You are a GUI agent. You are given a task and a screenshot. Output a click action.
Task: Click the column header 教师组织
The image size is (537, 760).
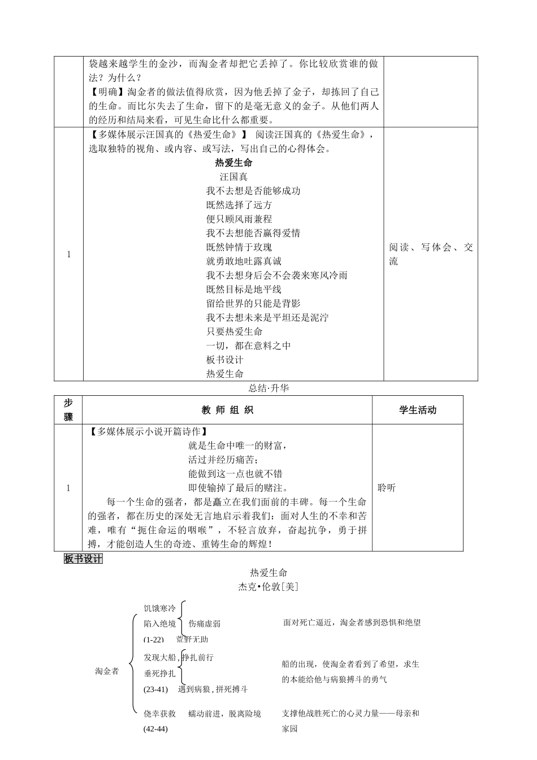pos(227,410)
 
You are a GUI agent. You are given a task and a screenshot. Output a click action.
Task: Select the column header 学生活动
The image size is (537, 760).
pos(417,410)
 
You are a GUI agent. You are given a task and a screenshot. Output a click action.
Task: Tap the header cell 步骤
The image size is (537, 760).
pos(68,410)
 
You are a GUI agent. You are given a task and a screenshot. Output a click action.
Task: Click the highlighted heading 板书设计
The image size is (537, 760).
pos(83,559)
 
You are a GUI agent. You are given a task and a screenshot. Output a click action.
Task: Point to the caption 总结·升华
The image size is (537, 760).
pos(268,388)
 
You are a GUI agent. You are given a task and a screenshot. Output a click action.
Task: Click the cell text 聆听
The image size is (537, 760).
pos(387,487)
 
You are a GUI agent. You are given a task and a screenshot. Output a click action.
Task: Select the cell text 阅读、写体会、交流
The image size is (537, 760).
pos(431,254)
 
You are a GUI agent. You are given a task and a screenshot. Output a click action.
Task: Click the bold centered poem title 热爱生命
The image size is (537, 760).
pos(233,163)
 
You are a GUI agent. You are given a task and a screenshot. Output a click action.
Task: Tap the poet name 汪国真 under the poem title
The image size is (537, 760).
pos(233,177)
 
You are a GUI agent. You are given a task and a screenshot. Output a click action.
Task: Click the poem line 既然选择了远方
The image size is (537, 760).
pos(239,205)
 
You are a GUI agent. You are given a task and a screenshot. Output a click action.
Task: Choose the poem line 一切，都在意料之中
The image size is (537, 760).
pos(248,346)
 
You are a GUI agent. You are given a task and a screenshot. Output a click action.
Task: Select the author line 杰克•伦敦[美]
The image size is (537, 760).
pos(268,587)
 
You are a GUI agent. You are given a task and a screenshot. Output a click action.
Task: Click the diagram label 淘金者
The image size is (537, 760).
pos(107,671)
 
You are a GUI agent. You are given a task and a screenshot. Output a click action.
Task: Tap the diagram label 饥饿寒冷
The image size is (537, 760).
pos(159,608)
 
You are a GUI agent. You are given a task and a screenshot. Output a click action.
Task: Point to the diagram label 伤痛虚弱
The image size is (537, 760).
pos(205,624)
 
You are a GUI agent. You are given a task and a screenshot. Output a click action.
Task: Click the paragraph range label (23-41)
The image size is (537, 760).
pos(156,689)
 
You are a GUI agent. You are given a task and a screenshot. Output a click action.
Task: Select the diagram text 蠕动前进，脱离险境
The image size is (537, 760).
pos(224,714)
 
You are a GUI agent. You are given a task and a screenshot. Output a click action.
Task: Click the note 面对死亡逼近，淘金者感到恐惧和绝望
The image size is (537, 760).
pos(352,623)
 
